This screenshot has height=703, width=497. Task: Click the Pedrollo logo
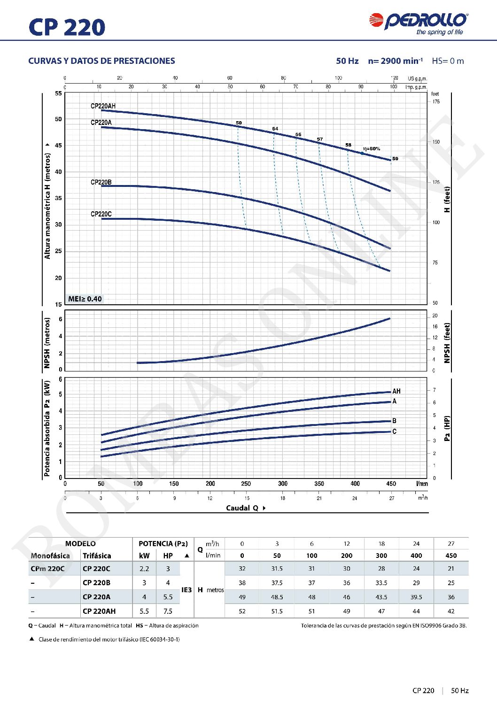coord(418,23)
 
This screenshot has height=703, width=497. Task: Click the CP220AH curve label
coord(103,106)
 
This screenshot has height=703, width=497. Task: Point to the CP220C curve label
coord(101,214)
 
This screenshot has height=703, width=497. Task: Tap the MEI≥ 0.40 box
coord(85,299)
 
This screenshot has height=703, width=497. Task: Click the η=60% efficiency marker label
coord(371,149)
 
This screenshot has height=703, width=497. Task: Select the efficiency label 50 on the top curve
coord(239,123)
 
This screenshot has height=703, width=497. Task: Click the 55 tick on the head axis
coord(58,93)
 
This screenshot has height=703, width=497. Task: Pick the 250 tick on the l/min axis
coord(246,484)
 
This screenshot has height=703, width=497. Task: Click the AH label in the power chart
coord(396,391)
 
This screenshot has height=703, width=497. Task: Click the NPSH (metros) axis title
coord(47,343)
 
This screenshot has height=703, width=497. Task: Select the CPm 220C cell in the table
coord(47,569)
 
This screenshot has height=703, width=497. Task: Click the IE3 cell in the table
coord(186,590)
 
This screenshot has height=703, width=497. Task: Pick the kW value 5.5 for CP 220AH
coord(144,611)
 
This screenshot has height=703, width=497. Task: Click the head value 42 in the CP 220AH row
coord(451,611)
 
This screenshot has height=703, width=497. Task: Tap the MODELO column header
coord(80,544)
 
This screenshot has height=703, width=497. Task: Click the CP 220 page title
coord(67,27)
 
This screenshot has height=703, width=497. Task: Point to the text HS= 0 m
coord(448,61)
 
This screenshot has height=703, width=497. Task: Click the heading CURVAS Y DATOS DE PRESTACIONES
coord(101,61)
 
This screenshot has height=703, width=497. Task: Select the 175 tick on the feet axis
coord(436,102)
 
